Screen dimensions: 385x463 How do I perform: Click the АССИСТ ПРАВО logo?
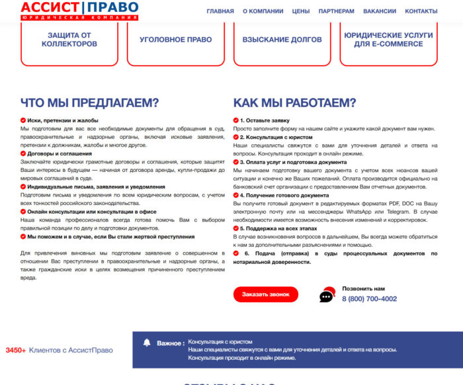pos(79,10)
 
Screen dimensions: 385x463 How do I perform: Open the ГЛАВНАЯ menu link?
pos(220,11)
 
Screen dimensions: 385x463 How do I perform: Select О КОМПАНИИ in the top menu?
pos(263,11)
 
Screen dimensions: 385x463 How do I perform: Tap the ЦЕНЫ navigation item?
pos(301,11)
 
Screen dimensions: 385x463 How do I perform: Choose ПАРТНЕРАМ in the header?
pos(336,11)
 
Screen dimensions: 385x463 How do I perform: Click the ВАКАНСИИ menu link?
pos(380,11)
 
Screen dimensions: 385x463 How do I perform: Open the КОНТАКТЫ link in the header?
pos(421,11)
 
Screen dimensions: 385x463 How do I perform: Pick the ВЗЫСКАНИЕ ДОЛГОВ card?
pos(282,40)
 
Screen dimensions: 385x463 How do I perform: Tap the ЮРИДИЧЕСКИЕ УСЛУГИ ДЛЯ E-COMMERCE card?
pos(388,40)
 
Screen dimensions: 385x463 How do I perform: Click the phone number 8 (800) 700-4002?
pos(369,298)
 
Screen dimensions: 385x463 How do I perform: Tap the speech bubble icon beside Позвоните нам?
pos(327,296)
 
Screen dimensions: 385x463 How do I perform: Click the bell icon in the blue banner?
pos(147,343)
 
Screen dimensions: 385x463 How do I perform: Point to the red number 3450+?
pos(15,350)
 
